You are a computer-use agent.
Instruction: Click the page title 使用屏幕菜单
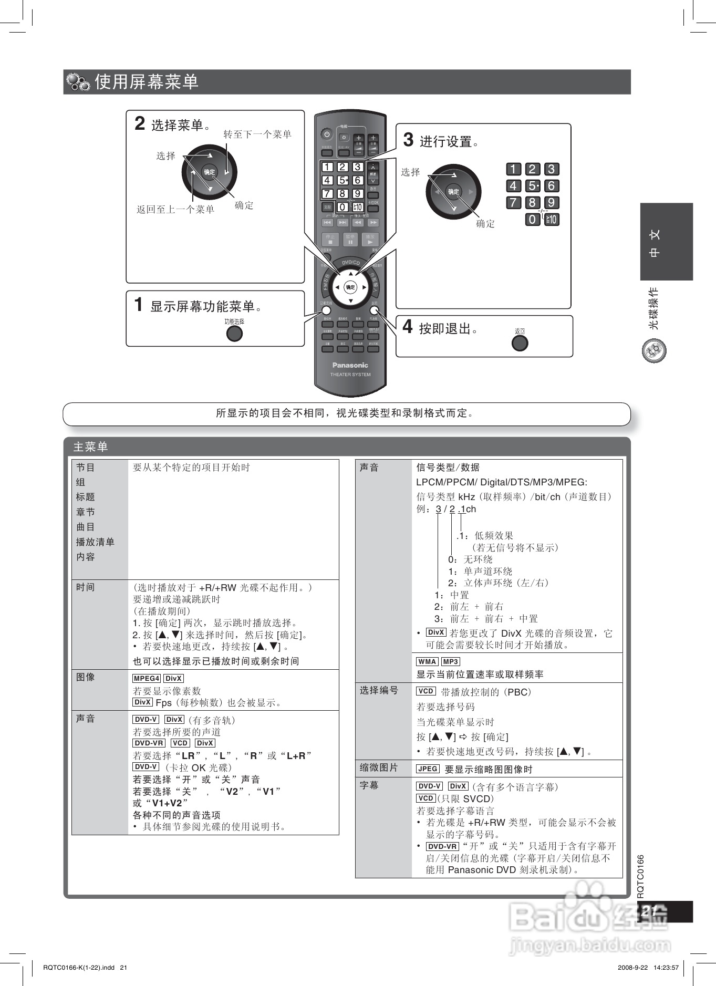[x=147, y=82]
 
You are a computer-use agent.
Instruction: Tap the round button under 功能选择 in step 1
[x=234, y=334]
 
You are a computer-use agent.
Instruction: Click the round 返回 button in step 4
[x=520, y=343]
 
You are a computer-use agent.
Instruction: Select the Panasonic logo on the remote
[x=350, y=365]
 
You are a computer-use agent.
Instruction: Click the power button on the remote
[x=327, y=134]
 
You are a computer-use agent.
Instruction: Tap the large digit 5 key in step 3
[x=533, y=186]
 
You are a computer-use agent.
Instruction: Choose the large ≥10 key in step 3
[x=552, y=219]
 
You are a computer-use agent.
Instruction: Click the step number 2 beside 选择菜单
[x=140, y=123]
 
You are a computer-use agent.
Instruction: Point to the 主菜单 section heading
[x=90, y=447]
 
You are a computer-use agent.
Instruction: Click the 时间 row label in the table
[x=86, y=587]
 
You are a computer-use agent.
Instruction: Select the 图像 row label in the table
[x=86, y=677]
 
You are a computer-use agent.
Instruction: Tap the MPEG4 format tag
[x=147, y=679]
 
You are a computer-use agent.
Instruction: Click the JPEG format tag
[x=428, y=769]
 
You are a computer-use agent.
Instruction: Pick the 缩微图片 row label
[x=379, y=768]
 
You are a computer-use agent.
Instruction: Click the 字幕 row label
[x=369, y=785]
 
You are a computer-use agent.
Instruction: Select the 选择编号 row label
[x=379, y=690]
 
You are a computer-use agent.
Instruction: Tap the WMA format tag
[x=428, y=662]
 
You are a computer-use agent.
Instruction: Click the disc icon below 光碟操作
[x=654, y=351]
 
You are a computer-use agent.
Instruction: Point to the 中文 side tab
[x=666, y=242]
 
